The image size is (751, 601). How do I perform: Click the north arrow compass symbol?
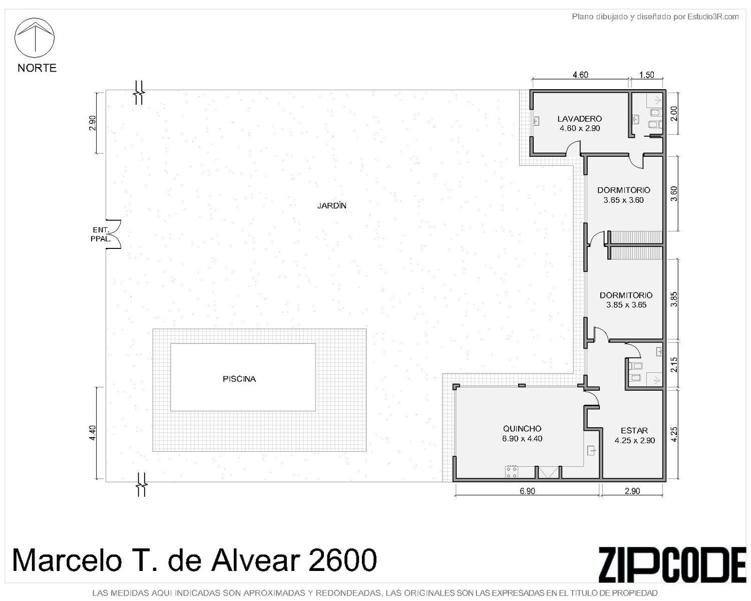tap(35, 38)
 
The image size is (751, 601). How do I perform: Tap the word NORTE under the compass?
tap(37, 68)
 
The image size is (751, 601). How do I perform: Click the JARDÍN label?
tap(331, 206)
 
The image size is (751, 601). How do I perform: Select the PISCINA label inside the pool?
tap(239, 379)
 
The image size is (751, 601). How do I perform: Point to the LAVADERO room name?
tap(579, 119)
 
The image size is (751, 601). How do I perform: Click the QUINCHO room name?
tap(522, 429)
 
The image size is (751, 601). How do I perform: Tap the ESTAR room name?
tap(634, 431)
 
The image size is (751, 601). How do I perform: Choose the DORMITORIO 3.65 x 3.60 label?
tap(624, 195)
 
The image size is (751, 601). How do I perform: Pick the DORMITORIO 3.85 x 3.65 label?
tap(626, 300)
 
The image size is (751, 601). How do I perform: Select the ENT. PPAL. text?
tap(101, 234)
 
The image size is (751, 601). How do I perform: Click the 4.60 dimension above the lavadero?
tap(580, 75)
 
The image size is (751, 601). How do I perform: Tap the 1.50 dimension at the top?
tap(647, 75)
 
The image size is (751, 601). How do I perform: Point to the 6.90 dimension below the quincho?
tap(527, 491)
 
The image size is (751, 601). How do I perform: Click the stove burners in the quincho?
tap(512, 472)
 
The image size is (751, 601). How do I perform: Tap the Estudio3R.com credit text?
tap(713, 17)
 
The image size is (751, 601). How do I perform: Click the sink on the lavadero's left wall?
tap(536, 121)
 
